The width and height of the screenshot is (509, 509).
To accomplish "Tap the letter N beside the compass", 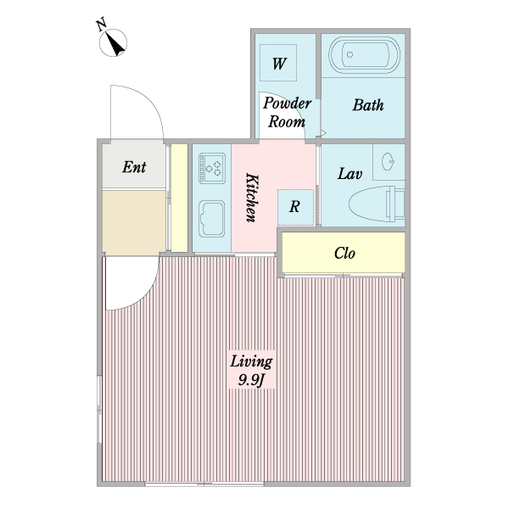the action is (102, 25).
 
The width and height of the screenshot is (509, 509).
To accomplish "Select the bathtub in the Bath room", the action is (364, 54).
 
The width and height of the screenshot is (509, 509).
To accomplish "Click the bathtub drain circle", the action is (350, 54).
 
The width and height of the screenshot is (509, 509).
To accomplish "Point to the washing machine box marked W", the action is (278, 63).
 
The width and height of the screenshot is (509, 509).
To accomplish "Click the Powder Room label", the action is (287, 112).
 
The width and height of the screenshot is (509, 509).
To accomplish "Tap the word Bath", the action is (368, 105).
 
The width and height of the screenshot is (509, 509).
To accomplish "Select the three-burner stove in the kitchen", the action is (212, 168).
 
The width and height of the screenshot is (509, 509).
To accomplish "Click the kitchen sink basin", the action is (211, 219).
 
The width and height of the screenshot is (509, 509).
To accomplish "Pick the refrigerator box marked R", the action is (295, 208).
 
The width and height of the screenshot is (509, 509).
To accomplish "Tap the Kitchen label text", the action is (252, 198).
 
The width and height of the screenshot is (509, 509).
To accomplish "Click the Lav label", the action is (350, 174).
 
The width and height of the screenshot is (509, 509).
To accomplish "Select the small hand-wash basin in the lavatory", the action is (388, 161).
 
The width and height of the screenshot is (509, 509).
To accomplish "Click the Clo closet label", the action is (344, 253).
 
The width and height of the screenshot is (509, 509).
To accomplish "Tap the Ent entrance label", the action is (134, 167).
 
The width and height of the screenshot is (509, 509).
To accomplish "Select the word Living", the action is (251, 361).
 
